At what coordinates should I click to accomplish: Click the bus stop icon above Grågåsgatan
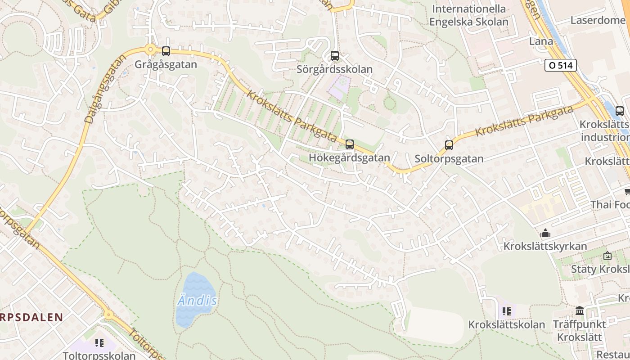(166, 51)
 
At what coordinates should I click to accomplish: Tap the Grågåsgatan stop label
(166, 64)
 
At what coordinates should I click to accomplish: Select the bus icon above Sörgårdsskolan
(334, 56)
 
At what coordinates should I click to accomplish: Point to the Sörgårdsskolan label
(334, 69)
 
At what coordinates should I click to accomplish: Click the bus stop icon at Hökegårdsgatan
(350, 144)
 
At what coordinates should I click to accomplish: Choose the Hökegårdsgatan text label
(349, 158)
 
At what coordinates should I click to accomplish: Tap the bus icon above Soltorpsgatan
(449, 145)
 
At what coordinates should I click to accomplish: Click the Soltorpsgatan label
(449, 158)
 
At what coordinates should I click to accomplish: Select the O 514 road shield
(560, 65)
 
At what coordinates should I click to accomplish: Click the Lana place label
(541, 41)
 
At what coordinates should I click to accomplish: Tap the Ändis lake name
(197, 301)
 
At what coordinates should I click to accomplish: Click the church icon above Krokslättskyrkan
(545, 233)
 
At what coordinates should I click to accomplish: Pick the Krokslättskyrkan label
(545, 246)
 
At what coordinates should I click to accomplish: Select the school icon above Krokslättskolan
(507, 311)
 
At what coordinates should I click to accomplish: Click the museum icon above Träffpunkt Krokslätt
(580, 311)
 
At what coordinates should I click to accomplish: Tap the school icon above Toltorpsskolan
(99, 343)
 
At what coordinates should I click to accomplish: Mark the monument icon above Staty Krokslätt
(607, 256)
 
